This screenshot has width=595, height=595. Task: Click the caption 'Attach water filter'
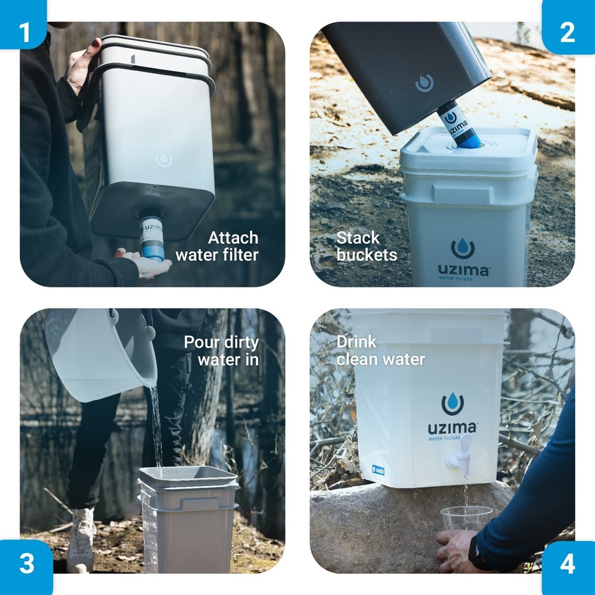click(217, 246)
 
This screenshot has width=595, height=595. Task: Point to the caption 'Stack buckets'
click(366, 246)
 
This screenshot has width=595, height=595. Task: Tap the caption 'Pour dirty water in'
click(221, 351)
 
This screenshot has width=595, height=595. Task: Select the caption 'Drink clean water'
click(381, 350)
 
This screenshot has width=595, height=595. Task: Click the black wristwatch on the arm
click(476, 553)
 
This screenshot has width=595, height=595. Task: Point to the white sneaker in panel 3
click(81, 539)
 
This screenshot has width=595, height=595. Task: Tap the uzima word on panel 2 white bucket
click(463, 270)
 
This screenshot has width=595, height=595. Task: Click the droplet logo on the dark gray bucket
click(424, 83)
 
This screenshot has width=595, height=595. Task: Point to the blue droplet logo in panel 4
click(453, 404)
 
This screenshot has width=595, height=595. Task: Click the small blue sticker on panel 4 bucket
click(378, 470)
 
